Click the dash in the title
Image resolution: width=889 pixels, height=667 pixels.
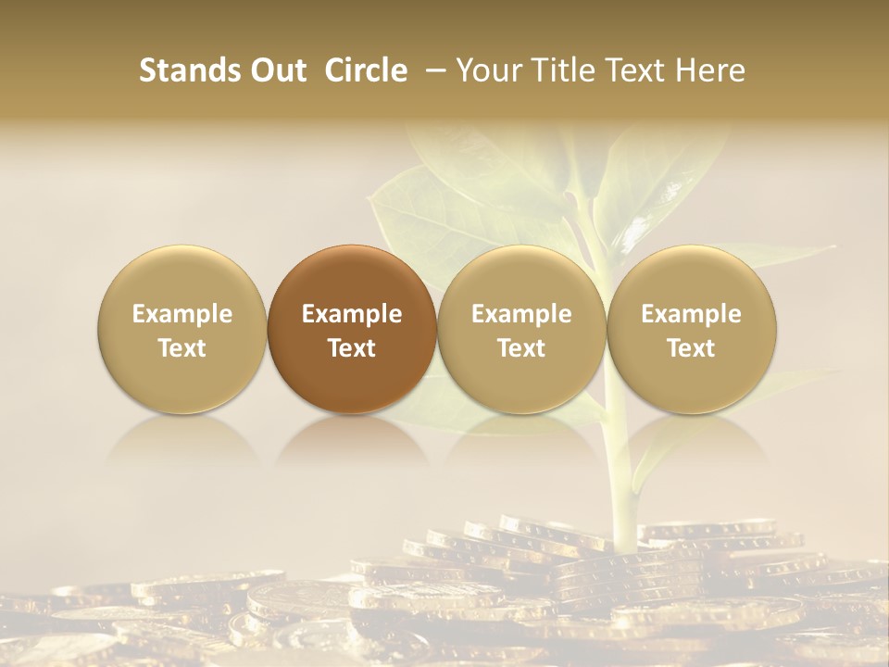point(432,71)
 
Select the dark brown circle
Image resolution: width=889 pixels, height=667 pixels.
point(352,329)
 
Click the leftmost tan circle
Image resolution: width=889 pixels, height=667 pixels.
point(182,329)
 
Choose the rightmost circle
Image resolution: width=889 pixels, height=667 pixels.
point(692,329)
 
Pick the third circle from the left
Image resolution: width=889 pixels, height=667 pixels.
point(521,329)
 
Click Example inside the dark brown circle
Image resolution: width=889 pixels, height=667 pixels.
point(352,314)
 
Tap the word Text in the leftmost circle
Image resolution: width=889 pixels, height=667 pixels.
point(182,348)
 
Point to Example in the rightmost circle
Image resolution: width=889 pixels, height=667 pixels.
point(692,314)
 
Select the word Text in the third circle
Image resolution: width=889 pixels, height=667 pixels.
point(521,348)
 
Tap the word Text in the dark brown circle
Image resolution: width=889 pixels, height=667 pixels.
point(352,348)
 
